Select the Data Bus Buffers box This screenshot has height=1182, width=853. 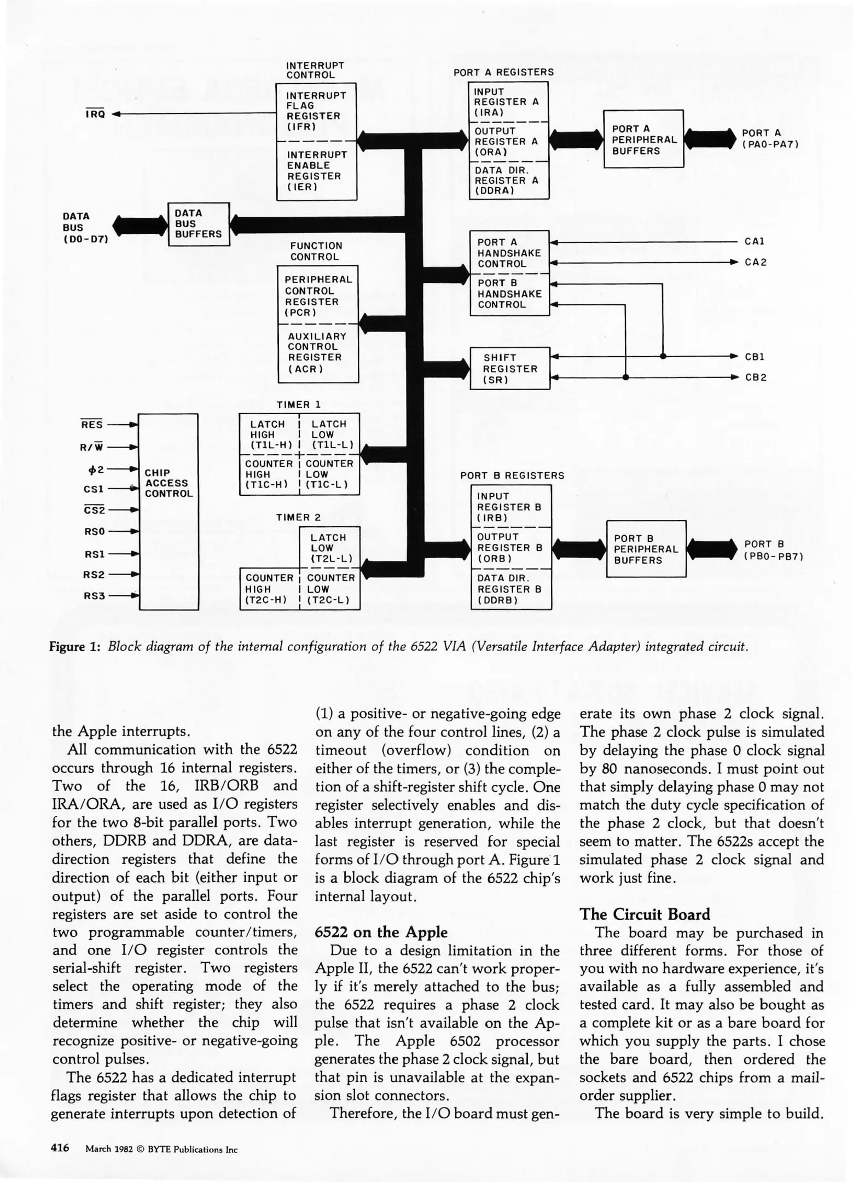(x=198, y=224)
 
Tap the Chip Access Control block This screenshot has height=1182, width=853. (x=169, y=511)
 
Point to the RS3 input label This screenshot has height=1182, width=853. (x=94, y=595)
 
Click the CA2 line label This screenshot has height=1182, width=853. (x=755, y=262)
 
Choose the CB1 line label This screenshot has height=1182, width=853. (x=755, y=357)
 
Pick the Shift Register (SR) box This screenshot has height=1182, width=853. (x=509, y=368)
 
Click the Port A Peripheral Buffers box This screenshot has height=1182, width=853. (x=643, y=139)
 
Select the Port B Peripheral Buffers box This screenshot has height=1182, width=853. (x=646, y=549)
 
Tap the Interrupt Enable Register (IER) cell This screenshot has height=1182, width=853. (x=316, y=171)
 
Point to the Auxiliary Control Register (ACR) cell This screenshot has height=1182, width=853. (x=317, y=352)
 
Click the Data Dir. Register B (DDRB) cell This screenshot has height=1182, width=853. (x=510, y=589)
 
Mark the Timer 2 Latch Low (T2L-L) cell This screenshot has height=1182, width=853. (x=329, y=548)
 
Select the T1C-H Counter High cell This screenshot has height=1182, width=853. (x=269, y=474)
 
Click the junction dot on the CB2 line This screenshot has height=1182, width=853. (x=625, y=378)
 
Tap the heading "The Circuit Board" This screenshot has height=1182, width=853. (x=645, y=914)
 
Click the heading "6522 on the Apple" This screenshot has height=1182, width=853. (x=381, y=932)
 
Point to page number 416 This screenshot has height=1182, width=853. (x=60, y=1148)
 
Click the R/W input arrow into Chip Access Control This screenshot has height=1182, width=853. (x=131, y=447)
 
